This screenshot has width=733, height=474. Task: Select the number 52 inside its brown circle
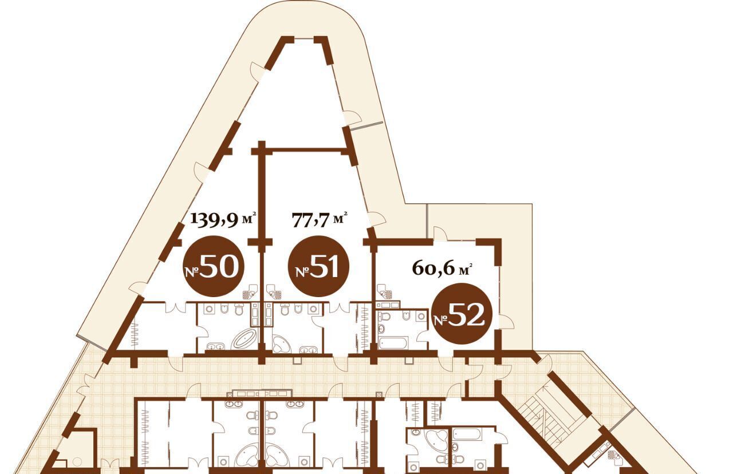[x=466, y=314]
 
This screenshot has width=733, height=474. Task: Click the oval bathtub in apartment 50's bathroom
[x=245, y=340]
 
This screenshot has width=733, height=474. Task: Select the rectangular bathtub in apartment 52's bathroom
[x=393, y=344]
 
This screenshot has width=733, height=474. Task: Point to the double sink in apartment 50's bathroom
[x=215, y=346]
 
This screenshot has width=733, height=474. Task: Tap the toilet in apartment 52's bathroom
[x=385, y=317]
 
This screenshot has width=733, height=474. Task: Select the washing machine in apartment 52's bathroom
[x=421, y=317]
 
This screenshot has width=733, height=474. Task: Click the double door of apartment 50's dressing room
[x=175, y=308]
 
